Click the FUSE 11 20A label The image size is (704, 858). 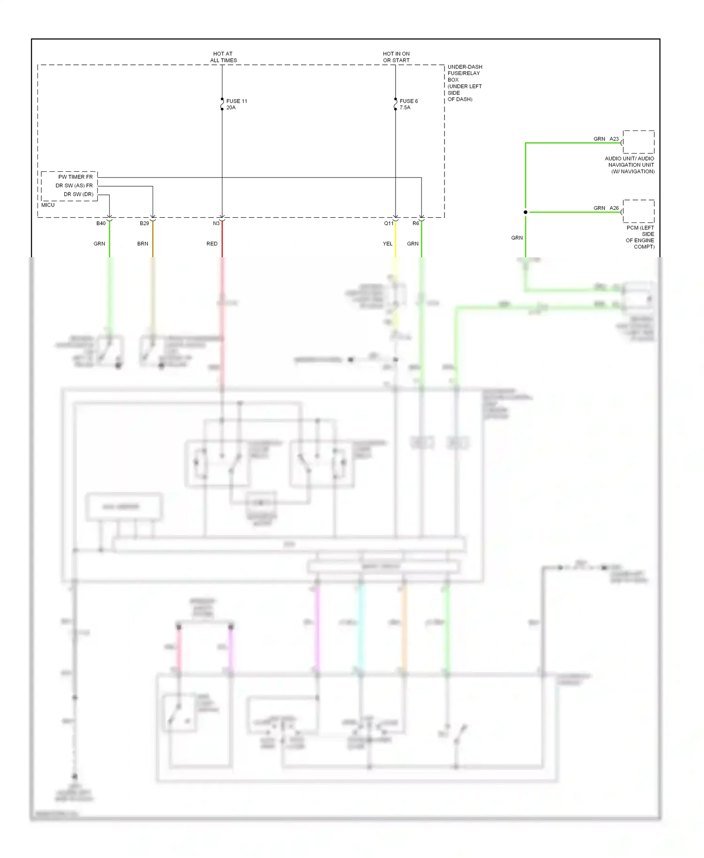point(236,104)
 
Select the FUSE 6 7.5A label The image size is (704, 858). point(408,104)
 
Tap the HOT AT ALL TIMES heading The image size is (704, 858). point(223,57)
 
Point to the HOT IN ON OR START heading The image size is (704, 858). point(396,57)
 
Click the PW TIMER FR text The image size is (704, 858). point(75,177)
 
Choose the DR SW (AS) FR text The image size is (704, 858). point(74,185)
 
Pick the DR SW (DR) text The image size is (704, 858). point(78,194)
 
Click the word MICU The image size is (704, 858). point(48,205)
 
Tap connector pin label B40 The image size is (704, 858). point(101,223)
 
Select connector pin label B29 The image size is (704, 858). point(144,223)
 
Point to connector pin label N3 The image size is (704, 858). point(216,223)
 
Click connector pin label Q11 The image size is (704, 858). point(389,223)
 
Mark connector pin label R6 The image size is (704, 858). point(415,223)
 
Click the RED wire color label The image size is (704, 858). point(212,244)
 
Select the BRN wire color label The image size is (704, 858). point(143,244)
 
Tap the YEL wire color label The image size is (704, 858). point(387,244)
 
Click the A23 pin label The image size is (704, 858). point(614,139)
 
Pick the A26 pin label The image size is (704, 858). point(614,208)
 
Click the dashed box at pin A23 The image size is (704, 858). point(638,142)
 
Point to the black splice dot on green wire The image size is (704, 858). point(526,212)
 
